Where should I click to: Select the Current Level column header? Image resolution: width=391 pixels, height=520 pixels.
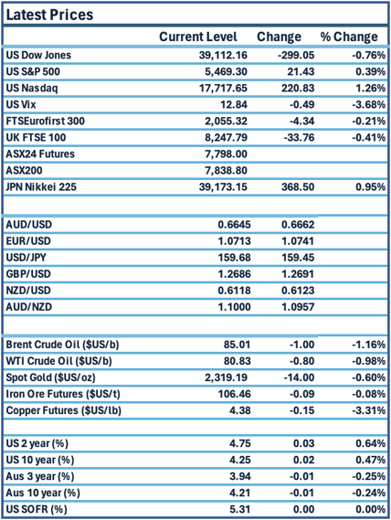[x=198, y=37]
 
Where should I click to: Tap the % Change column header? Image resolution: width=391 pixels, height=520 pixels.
[x=348, y=37]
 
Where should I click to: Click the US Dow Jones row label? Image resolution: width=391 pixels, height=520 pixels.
[x=38, y=55]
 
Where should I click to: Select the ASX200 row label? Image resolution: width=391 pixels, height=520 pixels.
[x=26, y=171]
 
